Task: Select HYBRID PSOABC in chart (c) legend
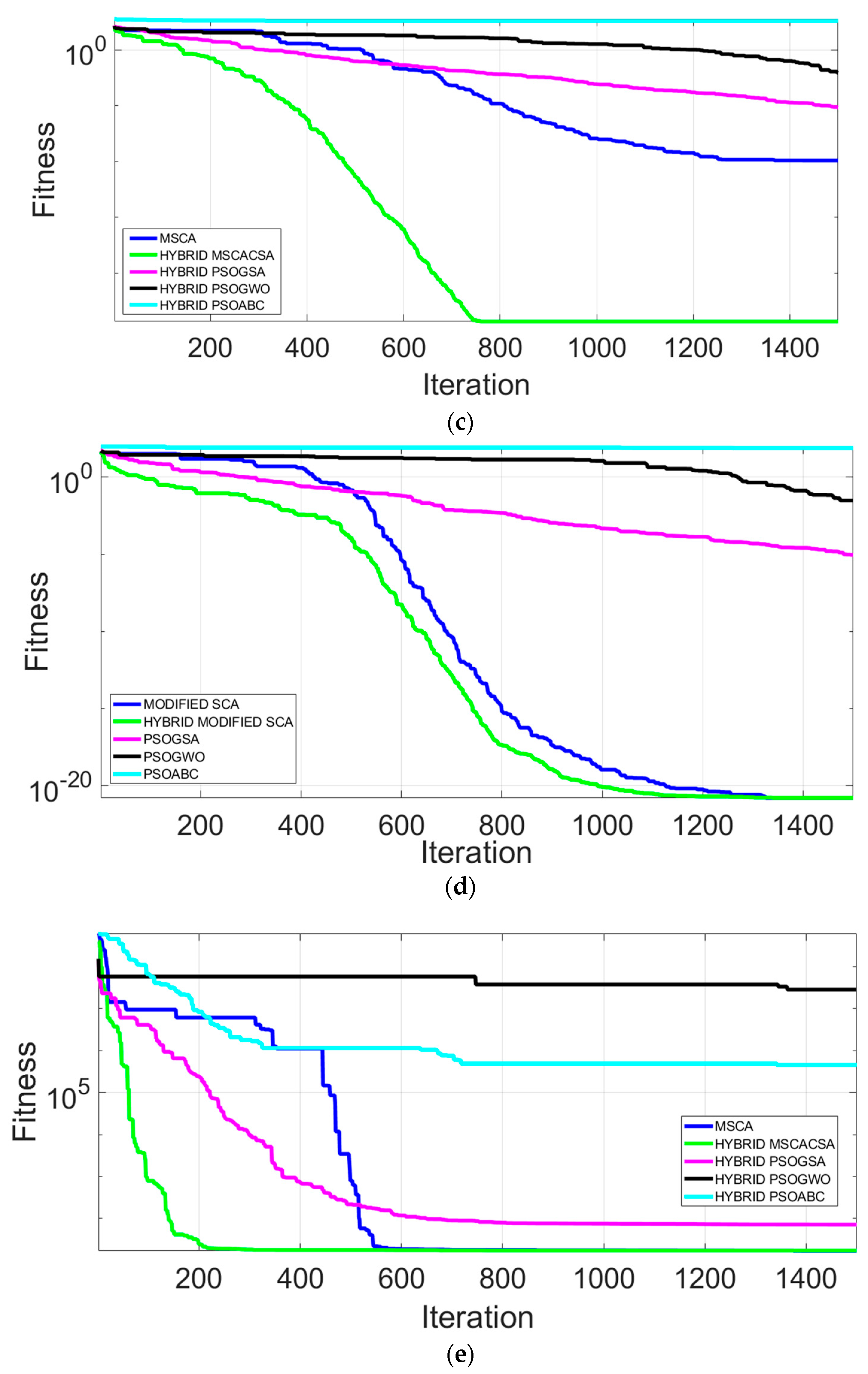click(211, 305)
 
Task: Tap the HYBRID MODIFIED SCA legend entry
click(218, 722)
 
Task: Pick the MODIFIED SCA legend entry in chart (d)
click(191, 704)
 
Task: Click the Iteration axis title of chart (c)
click(476, 385)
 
